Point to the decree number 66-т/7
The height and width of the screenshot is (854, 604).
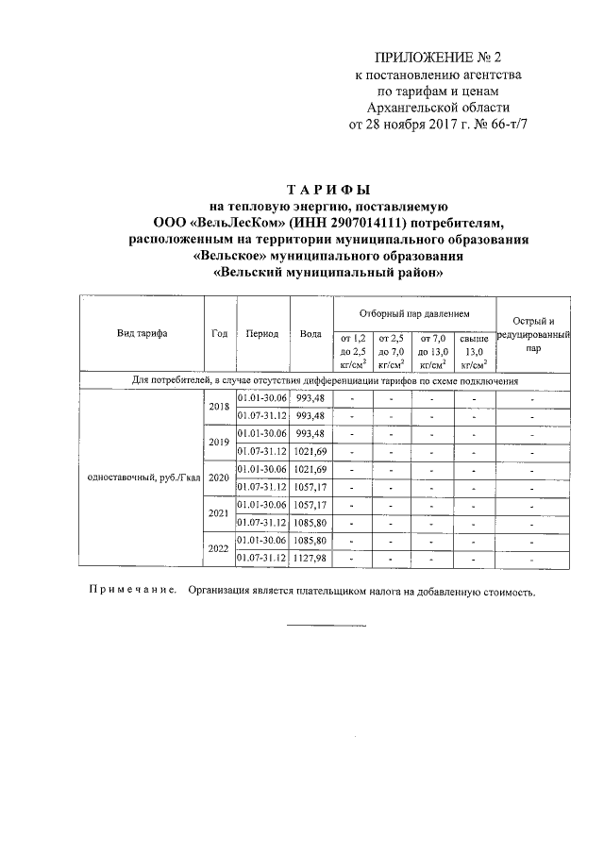tap(501, 124)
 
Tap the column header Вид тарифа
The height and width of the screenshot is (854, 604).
tap(142, 333)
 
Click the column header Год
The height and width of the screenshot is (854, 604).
tap(220, 333)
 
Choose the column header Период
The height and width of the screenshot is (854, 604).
tap(261, 333)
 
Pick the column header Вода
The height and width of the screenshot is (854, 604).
tap(310, 333)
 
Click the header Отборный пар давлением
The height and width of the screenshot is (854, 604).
tap(413, 312)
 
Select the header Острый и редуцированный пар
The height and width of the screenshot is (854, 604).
tap(533, 334)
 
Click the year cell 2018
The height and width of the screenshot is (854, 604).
tap(219, 407)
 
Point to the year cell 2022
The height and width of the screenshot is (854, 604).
tap(219, 549)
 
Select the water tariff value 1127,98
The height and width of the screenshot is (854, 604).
tap(310, 559)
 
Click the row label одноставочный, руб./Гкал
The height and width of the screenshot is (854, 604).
tap(142, 477)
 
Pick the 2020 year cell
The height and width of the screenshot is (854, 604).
tap(219, 477)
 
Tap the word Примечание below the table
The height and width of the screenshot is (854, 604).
tap(133, 594)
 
